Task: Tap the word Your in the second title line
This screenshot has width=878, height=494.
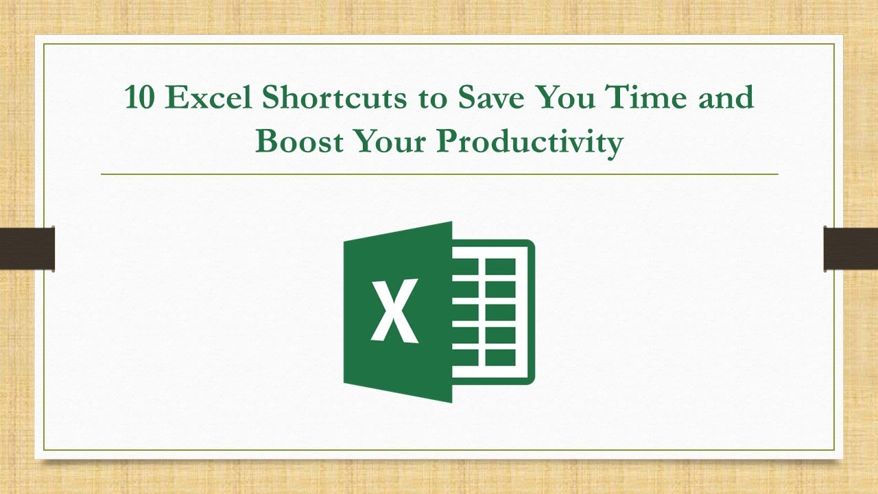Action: [388, 141]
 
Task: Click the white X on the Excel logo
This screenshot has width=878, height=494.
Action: [394, 311]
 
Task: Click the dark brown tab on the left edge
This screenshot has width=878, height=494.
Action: [27, 248]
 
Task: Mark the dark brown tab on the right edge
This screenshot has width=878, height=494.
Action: [851, 248]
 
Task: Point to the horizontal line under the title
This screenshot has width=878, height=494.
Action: [439, 174]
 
